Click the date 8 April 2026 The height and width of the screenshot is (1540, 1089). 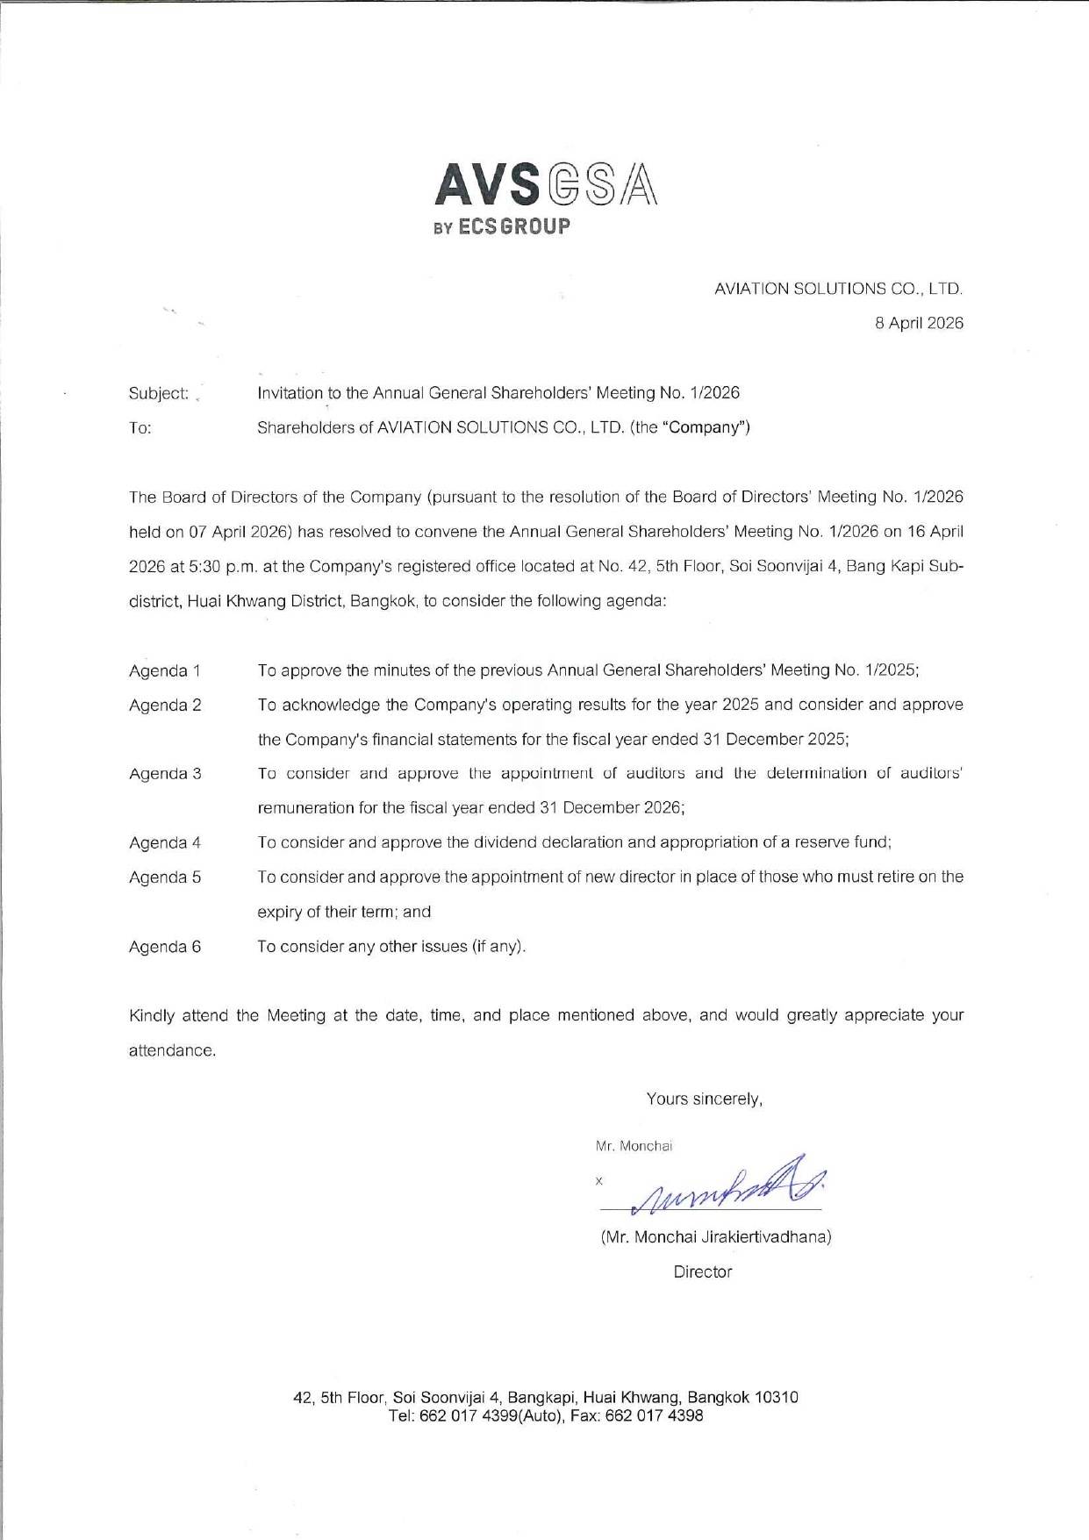coord(919,323)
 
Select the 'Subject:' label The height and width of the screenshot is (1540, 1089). coord(159,393)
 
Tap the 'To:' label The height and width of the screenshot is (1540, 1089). coord(140,428)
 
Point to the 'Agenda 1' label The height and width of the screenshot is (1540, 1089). coord(165,671)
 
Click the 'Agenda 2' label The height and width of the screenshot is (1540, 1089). coord(165,706)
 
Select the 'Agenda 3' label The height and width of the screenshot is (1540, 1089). coord(165,774)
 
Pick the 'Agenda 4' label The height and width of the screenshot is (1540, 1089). coord(165,843)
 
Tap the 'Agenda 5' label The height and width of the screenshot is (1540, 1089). coord(165,877)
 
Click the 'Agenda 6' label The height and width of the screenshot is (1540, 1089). coord(165,947)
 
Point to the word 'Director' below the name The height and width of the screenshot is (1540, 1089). coord(702,1271)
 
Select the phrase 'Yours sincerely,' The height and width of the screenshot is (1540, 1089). coord(704,1099)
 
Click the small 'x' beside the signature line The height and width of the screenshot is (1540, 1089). coord(599,1181)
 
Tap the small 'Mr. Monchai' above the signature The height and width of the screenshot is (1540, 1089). coord(634,1146)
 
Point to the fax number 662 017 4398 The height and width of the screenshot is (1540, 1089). coord(654,1415)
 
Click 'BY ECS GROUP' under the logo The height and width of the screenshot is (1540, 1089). coord(502,226)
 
